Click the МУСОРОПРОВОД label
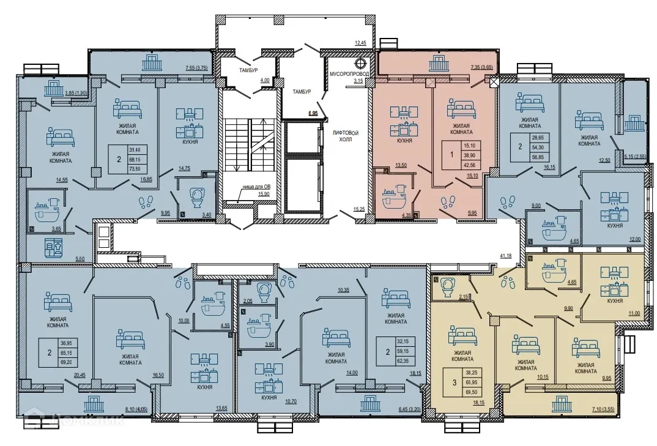click(x=348, y=73)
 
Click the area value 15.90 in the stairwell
click(x=264, y=194)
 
